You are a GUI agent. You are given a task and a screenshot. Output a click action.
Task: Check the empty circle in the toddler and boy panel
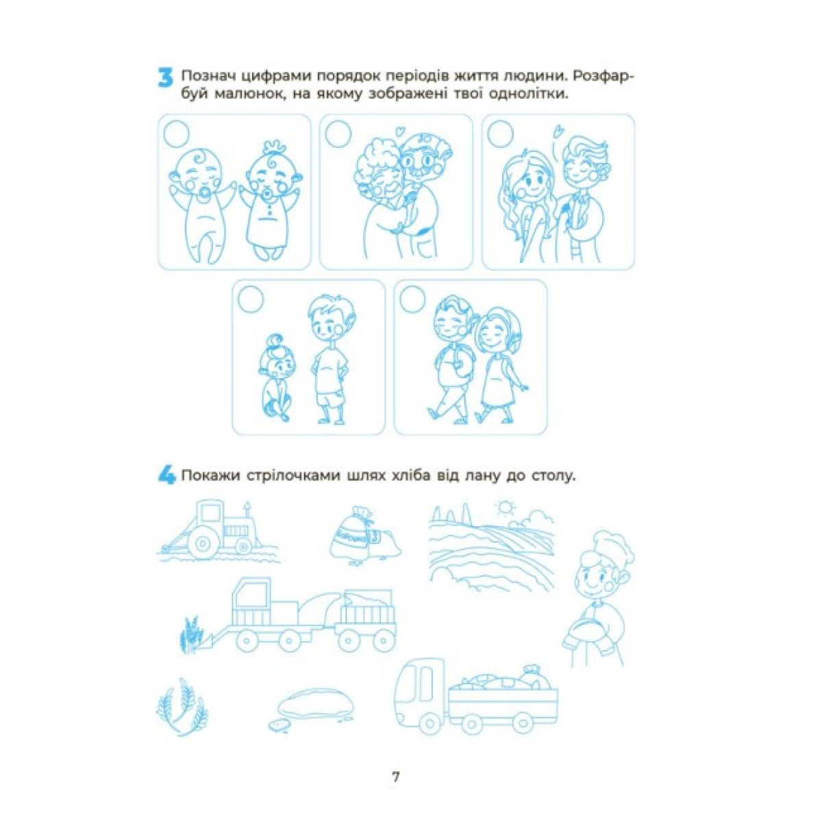click(251, 299)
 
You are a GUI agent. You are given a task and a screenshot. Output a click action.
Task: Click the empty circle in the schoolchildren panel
click(412, 299)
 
